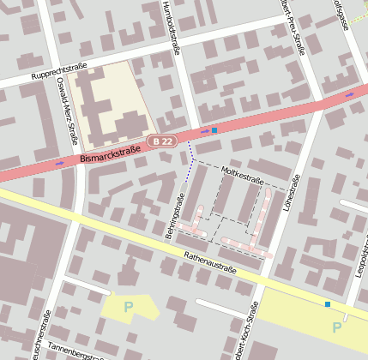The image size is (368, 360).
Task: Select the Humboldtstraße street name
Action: coord(171,27)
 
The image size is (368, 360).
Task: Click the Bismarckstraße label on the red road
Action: coord(110,154)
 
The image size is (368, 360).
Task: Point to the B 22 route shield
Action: coord(162,141)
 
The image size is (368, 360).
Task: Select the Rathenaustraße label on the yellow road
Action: coord(209,261)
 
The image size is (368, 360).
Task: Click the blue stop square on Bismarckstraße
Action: coord(214,130)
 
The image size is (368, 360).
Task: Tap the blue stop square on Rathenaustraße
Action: coord(327,303)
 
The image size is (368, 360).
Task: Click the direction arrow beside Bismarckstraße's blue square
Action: coord(204,132)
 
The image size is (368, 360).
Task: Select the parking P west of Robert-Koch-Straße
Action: coord(129,306)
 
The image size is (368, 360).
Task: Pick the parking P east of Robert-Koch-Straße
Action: coord(335,327)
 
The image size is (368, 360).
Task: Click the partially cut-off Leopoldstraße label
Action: coord(358,274)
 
